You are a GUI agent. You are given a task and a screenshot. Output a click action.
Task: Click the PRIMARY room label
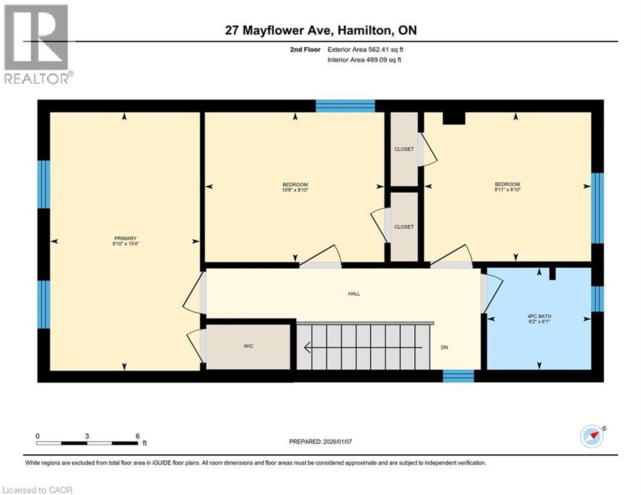point(124,238)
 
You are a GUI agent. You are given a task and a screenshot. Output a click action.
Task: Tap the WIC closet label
point(248,346)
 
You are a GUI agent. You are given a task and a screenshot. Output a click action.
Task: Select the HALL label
point(354,293)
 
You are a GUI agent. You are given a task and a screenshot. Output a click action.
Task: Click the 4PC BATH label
point(539,316)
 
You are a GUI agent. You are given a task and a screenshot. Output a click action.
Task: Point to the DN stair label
point(444,347)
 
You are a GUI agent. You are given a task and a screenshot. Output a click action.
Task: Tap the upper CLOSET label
point(404,149)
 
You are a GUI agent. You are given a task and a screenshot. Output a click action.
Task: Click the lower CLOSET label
point(404,227)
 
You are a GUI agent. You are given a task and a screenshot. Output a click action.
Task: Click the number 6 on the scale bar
point(137,436)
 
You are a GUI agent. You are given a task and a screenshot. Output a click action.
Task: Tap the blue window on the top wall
point(345,106)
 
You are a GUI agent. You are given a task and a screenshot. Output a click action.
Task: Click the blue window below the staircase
point(459,376)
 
